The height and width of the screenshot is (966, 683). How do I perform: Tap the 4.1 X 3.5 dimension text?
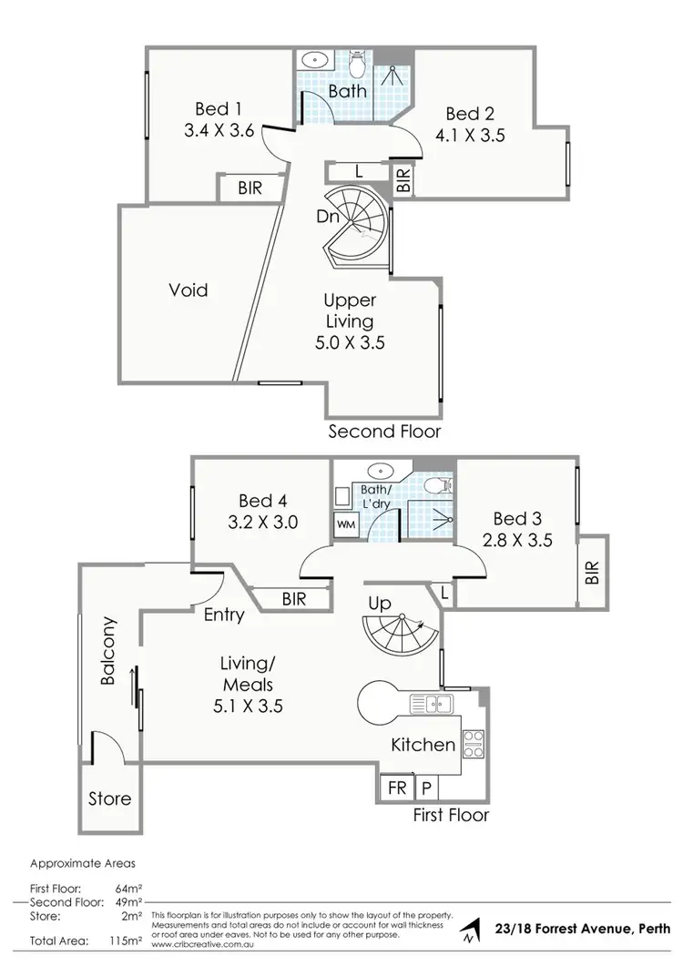click(x=469, y=136)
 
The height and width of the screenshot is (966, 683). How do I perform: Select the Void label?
click(x=189, y=290)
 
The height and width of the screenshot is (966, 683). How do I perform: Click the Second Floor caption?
click(x=385, y=431)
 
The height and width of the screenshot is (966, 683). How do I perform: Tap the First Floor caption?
click(x=451, y=814)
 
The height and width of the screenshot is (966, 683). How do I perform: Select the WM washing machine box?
click(x=347, y=524)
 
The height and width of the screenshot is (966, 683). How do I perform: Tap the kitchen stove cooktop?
click(x=474, y=744)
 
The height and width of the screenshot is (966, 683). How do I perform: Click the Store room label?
click(x=110, y=799)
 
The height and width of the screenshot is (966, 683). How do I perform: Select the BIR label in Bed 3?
click(x=592, y=573)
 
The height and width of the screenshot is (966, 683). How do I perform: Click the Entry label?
click(x=223, y=615)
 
